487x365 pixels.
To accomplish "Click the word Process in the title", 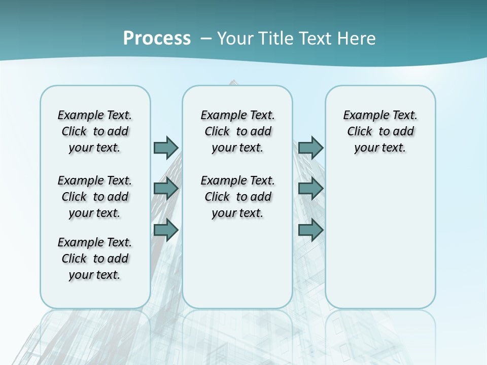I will [157, 38].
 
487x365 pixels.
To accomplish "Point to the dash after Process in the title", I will [206, 39].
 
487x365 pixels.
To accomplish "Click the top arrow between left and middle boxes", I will [166, 148].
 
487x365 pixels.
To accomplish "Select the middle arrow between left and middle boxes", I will [166, 189].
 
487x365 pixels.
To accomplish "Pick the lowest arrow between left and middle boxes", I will [166, 230].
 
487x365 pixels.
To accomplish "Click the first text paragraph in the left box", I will [95, 131].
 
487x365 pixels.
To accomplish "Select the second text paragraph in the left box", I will [95, 197].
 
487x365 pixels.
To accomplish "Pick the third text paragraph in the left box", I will [95, 259].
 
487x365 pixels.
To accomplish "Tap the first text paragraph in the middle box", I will [237, 131].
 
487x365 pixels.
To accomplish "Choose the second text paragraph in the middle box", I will [237, 197].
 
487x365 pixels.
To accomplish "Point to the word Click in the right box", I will [360, 132].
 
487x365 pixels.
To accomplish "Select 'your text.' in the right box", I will [380, 148].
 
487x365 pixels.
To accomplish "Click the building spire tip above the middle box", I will [233, 81].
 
